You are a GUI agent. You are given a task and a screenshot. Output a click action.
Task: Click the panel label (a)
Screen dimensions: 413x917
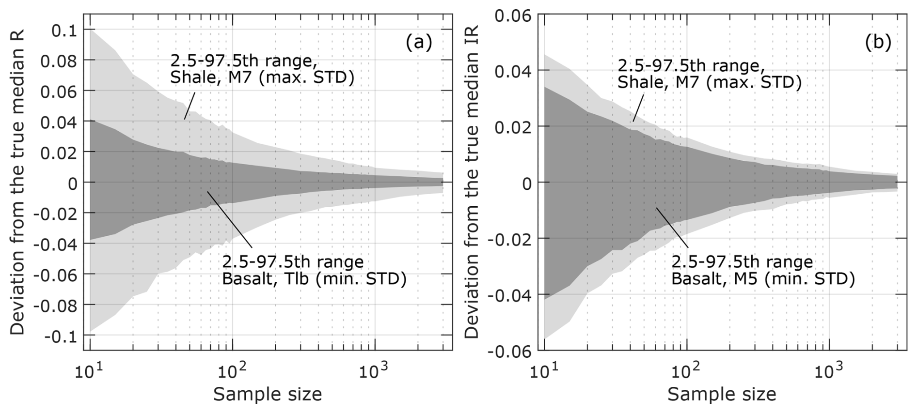tap(419, 43)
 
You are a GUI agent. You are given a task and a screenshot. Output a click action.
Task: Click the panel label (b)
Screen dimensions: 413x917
tap(878, 43)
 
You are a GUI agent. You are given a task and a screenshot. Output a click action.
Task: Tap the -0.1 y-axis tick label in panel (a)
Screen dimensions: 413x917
tap(61, 336)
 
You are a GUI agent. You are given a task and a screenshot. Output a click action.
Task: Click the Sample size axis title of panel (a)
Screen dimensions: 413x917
tap(268, 394)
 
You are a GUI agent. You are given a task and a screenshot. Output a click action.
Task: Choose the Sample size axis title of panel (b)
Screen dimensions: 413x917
tap(722, 394)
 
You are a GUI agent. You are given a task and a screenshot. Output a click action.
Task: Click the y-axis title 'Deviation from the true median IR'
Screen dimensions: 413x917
tap(472, 182)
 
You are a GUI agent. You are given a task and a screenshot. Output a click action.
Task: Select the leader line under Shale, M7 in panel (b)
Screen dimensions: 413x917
tap(638, 107)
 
